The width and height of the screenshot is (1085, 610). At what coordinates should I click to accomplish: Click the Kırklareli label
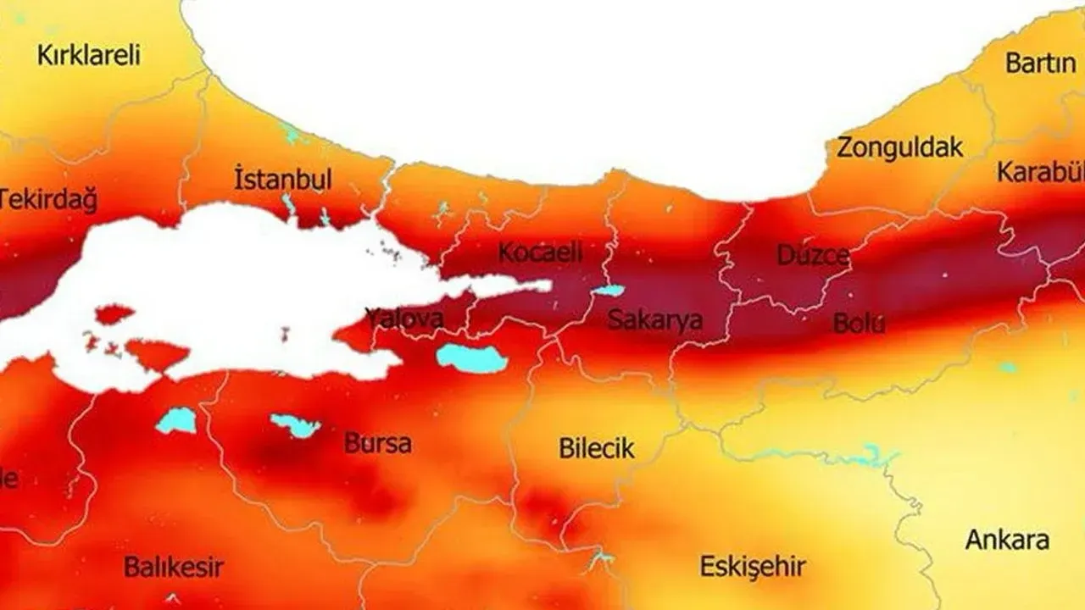coord(88,56)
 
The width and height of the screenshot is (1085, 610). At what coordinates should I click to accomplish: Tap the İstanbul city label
coord(282,180)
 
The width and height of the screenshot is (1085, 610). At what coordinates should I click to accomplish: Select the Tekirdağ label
coord(47,200)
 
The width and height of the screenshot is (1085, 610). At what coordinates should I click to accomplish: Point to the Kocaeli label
coord(541,252)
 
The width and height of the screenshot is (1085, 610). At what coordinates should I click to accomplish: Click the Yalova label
coord(404,319)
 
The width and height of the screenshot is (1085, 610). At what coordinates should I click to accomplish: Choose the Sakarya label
coord(655,320)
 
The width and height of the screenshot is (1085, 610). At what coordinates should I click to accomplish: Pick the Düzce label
coord(813,255)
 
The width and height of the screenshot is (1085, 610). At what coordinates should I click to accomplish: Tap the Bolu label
coord(859,323)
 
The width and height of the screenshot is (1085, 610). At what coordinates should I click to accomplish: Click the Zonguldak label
coord(899,147)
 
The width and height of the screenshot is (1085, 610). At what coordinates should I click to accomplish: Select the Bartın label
coord(1040,63)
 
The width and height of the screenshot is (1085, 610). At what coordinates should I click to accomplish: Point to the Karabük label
coord(1041,172)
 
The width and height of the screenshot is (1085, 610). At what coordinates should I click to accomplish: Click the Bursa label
coord(378,443)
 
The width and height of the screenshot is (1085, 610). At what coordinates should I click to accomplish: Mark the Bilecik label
coord(596,448)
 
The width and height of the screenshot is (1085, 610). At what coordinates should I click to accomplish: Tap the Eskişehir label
coord(752,567)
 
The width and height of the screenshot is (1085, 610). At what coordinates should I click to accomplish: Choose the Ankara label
coord(1007,540)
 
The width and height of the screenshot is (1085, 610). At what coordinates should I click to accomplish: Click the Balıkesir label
coord(174,566)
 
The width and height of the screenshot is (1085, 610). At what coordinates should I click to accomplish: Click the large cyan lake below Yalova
coord(471,358)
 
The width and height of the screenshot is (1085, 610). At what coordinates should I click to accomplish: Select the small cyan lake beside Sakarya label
coord(607,291)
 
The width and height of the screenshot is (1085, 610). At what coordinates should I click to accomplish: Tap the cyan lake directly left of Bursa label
coord(296,425)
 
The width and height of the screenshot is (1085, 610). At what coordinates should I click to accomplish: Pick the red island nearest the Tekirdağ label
coord(114,315)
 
